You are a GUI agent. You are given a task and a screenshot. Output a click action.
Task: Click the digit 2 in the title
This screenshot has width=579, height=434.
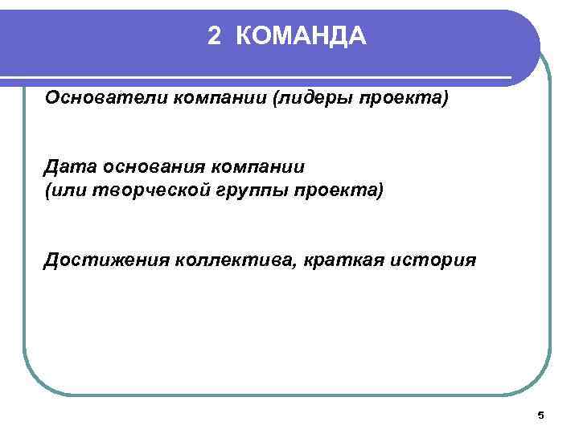coord(213,35)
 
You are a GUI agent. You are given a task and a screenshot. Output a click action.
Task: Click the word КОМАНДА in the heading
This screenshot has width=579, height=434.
coord(302,35)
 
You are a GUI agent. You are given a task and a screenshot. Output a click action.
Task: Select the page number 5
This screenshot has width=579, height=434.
coord(540,416)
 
